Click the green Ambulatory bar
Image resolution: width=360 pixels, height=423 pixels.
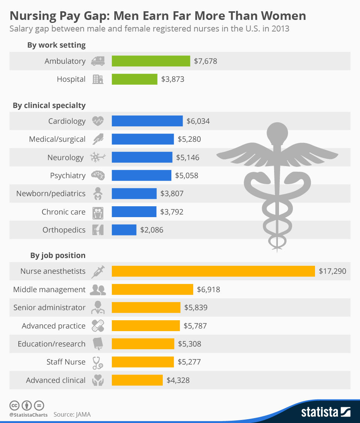tap(151, 61)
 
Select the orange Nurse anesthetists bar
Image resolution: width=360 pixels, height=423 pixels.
tap(213, 271)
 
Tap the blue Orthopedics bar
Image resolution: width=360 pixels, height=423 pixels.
tap(124, 230)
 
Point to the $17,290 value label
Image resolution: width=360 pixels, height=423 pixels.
tap(332, 271)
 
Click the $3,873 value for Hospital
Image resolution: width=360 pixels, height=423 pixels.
tap(172, 79)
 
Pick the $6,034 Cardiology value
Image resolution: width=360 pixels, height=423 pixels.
tap(198, 121)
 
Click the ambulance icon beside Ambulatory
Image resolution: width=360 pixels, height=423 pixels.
tap(98, 61)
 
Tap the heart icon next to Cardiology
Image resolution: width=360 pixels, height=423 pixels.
tap(98, 121)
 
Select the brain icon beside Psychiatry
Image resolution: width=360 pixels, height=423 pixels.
tap(98, 175)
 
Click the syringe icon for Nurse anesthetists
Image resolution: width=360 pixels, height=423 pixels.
tap(98, 271)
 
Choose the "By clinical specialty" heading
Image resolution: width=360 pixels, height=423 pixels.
tap(49, 106)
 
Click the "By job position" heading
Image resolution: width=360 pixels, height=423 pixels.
tap(58, 256)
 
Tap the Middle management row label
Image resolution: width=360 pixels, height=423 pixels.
tap(49, 289)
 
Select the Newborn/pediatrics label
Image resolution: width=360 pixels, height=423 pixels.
tap(51, 194)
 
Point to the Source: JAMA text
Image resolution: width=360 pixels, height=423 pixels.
tap(72, 415)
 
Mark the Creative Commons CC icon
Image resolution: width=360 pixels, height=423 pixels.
tap(14, 406)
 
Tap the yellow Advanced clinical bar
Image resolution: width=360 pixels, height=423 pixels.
tap(137, 380)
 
